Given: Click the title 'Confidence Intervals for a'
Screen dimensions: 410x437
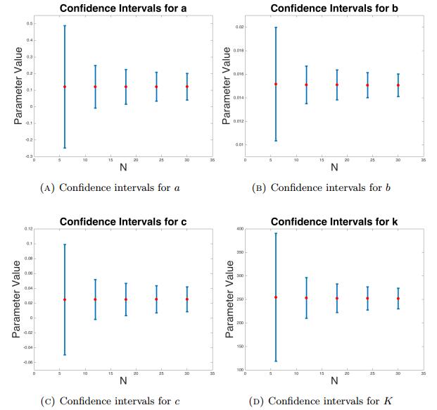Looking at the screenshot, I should click(118, 8).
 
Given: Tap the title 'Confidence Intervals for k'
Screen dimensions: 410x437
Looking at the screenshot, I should click(336, 221).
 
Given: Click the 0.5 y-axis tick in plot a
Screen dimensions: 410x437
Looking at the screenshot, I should click(28, 25).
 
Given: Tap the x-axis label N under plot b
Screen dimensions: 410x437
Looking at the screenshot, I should click(335, 168).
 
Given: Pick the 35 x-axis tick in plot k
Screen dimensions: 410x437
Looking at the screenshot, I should click(423, 374).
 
